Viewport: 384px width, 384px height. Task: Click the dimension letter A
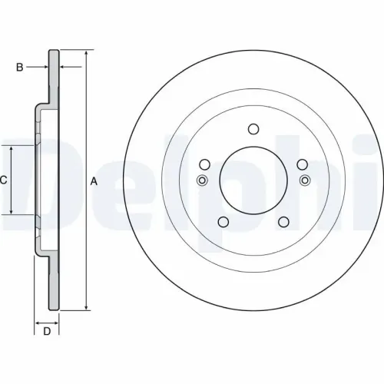click(x=94, y=181)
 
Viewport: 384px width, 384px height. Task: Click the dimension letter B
click(x=20, y=68)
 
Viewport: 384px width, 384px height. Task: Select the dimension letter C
click(x=4, y=180)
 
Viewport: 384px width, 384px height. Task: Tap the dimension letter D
click(x=46, y=331)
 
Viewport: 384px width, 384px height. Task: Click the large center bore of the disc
click(x=252, y=180)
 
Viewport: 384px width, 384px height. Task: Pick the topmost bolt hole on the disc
click(x=252, y=130)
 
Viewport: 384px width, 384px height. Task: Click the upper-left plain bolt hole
click(x=204, y=164)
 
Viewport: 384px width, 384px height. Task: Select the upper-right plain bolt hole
click(x=301, y=164)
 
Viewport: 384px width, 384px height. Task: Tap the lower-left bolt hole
click(x=222, y=222)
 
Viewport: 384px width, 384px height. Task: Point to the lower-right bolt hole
click(x=283, y=222)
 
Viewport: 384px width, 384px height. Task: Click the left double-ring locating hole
click(x=202, y=180)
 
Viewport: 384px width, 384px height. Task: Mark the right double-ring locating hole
click(x=304, y=180)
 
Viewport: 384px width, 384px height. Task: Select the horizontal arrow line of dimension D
click(x=46, y=321)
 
